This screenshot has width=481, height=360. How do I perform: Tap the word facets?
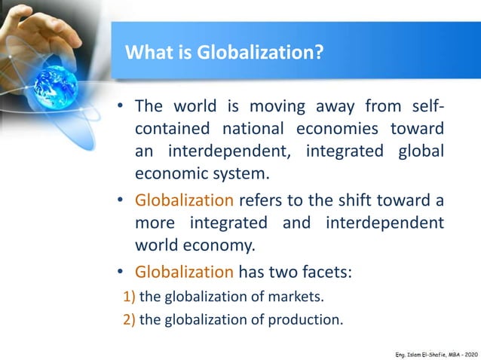[327, 270]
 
